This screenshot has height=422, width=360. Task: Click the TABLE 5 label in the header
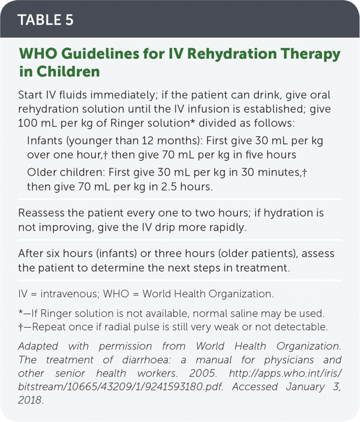[46, 19]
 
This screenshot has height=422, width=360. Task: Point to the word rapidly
[252, 228]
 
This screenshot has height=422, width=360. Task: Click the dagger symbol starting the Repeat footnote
[22, 327]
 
